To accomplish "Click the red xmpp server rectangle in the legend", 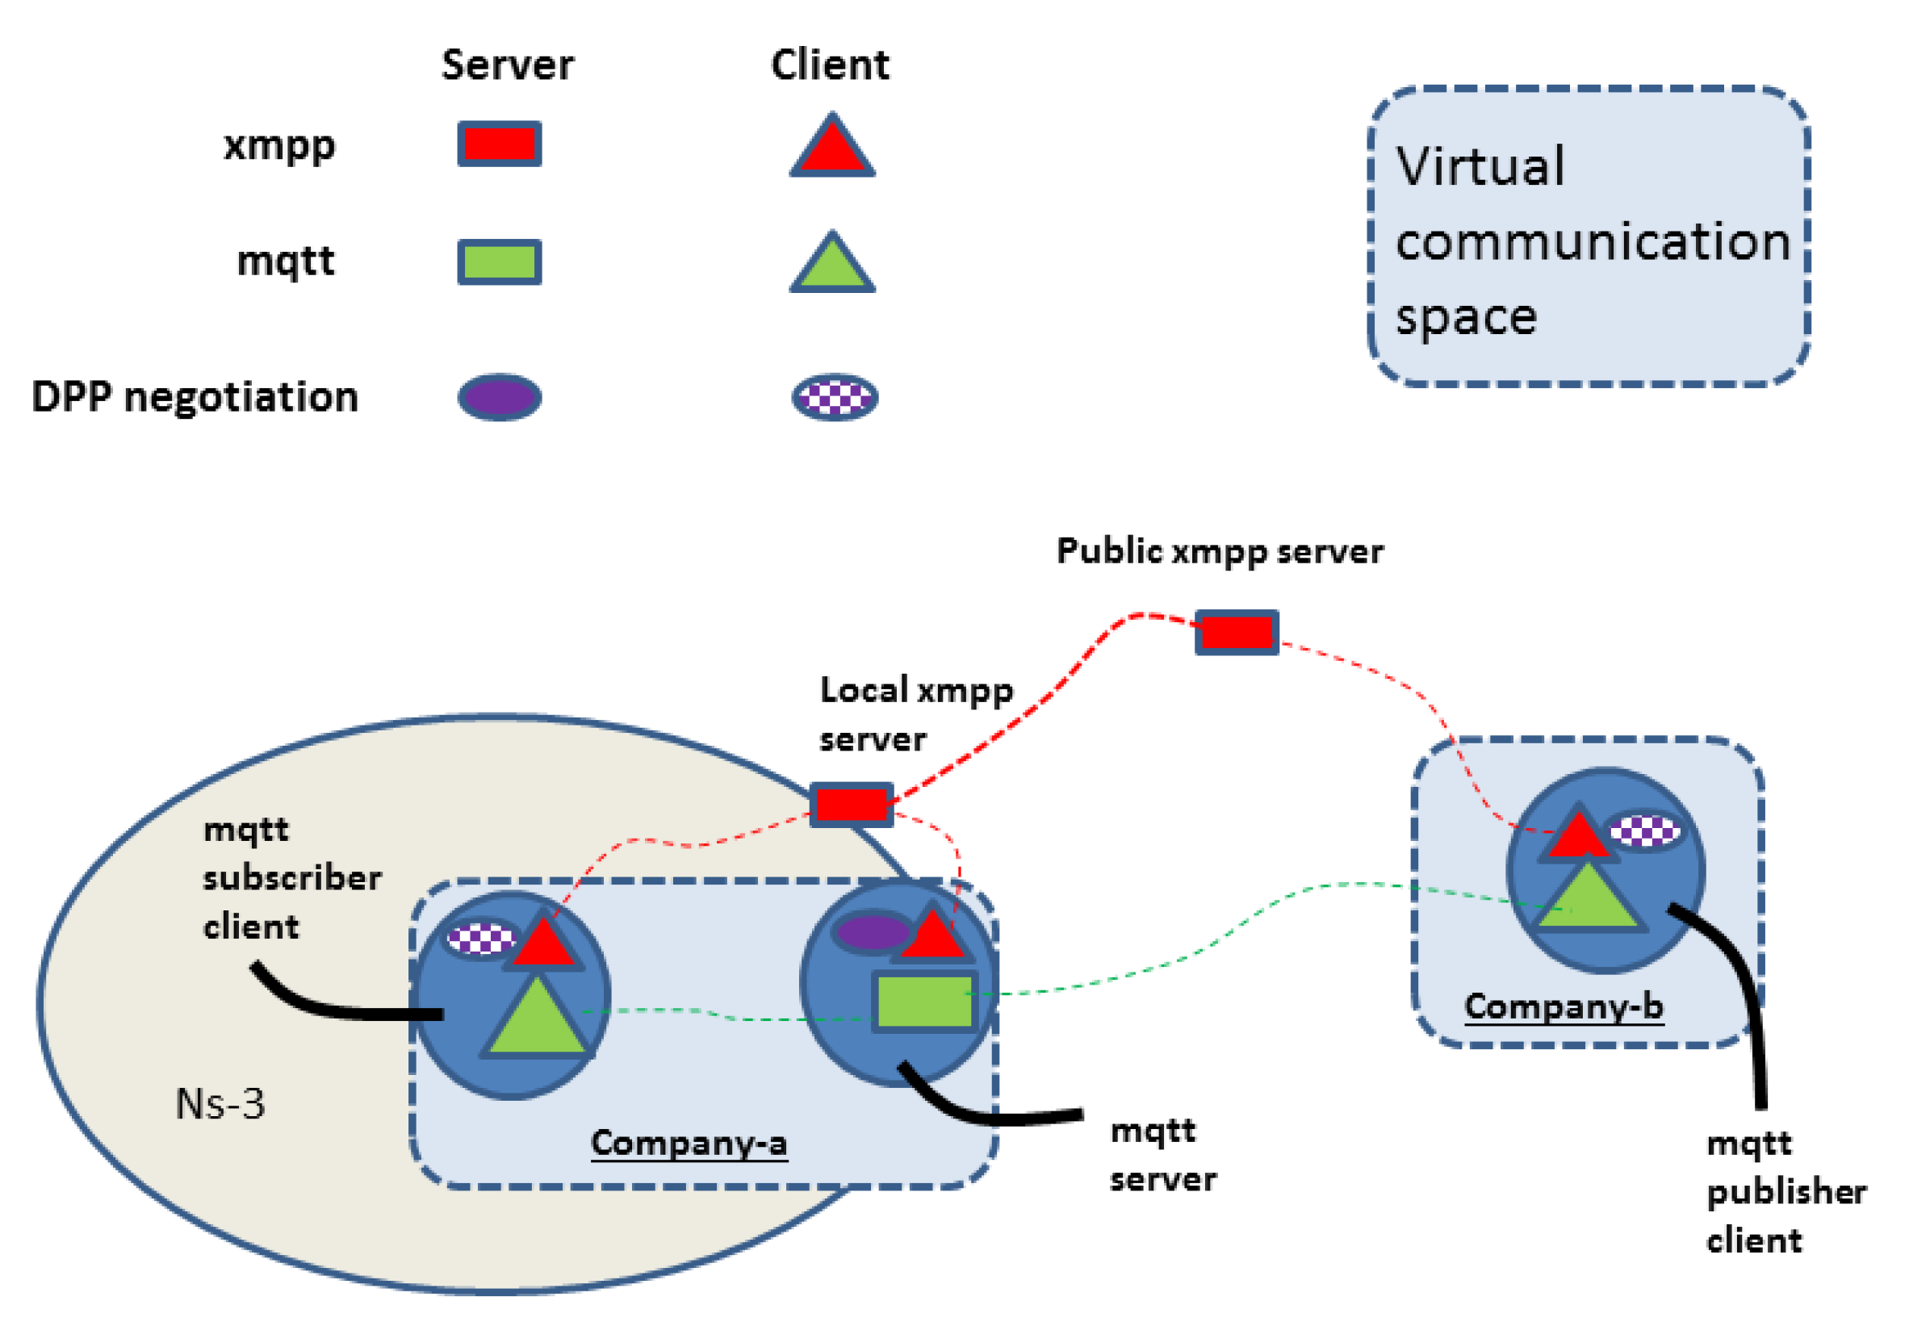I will [500, 144].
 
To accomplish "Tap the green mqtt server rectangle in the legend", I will [500, 261].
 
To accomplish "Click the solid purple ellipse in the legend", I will [500, 396].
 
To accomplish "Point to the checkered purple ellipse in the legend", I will [834, 396].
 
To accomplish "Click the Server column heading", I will [507, 65].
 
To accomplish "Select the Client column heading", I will [829, 65].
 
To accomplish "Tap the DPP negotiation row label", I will [195, 396].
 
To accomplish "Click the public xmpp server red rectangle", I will [1236, 632].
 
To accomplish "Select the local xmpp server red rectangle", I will [851, 803].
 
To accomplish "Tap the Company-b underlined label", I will [1563, 1006].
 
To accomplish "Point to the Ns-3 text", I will [220, 1103].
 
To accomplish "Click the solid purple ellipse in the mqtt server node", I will [872, 931].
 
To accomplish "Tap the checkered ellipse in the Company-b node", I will [1644, 830].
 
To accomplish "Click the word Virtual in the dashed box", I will [1480, 165].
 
